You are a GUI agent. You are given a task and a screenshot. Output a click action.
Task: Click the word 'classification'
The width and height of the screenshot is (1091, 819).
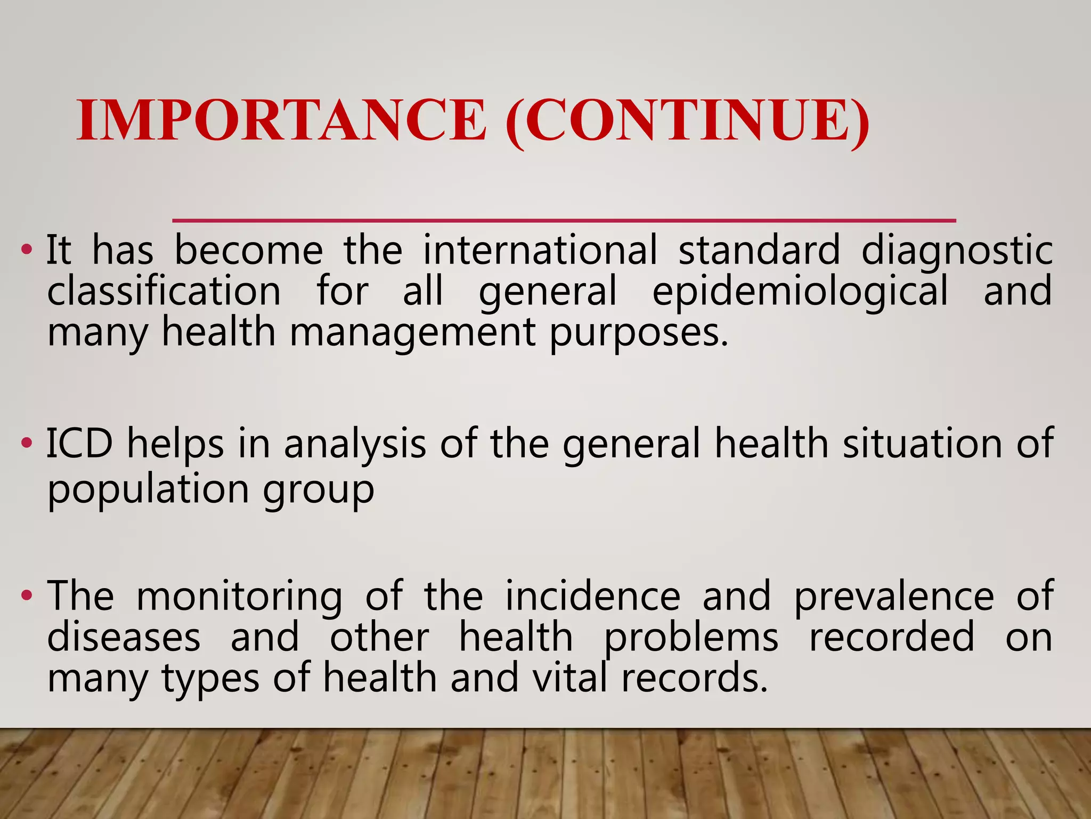click(164, 291)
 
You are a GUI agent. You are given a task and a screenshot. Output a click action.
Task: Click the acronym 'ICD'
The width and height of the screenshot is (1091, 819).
click(80, 443)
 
